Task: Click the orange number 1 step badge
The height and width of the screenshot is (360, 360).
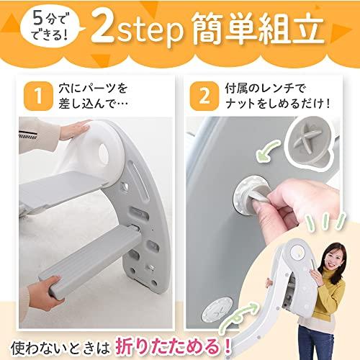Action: click(31, 96)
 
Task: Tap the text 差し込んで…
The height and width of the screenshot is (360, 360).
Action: click(86, 105)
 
